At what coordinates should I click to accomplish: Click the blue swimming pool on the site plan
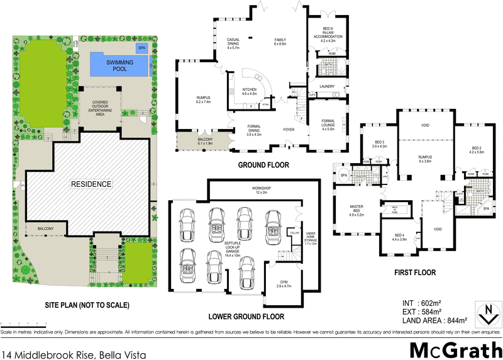tap(119, 64)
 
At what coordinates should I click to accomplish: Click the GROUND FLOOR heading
tap(263, 166)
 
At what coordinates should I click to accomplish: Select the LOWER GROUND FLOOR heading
tap(246, 317)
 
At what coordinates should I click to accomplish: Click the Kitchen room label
tap(250, 92)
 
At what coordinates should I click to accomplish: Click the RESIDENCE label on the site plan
tap(91, 184)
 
